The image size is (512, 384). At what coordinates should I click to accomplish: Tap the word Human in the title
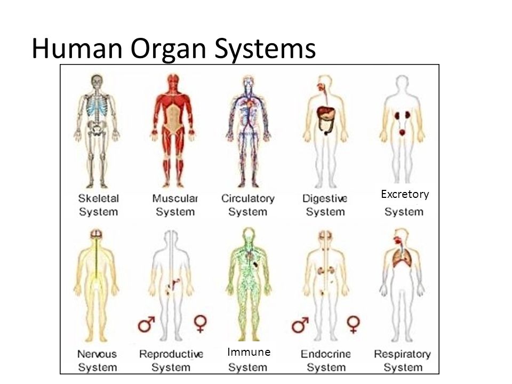tap(77, 49)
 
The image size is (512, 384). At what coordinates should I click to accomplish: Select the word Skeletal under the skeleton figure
tap(98, 198)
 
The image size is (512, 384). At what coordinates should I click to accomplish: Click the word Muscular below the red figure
tap(175, 198)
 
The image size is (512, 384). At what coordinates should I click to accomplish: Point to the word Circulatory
tap(248, 199)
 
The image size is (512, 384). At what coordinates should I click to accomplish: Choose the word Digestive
tap(325, 198)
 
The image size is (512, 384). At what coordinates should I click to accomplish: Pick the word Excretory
tap(405, 194)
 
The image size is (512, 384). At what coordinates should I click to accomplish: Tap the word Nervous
tap(97, 354)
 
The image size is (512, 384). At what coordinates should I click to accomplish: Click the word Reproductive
tap(171, 354)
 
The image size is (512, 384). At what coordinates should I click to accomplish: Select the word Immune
tap(249, 352)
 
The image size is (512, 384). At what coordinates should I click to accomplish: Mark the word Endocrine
tap(325, 354)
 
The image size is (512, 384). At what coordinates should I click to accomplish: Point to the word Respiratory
tap(402, 355)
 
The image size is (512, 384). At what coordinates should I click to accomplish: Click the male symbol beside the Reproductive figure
tap(146, 324)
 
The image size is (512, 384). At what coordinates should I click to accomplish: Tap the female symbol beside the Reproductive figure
tap(200, 324)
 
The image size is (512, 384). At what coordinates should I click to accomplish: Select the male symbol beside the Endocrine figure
tap(300, 325)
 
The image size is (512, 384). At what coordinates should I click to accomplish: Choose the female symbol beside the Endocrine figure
tap(353, 324)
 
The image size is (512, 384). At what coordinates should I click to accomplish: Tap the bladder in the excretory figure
tap(402, 132)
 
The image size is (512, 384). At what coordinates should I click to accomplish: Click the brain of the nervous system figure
tap(96, 234)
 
